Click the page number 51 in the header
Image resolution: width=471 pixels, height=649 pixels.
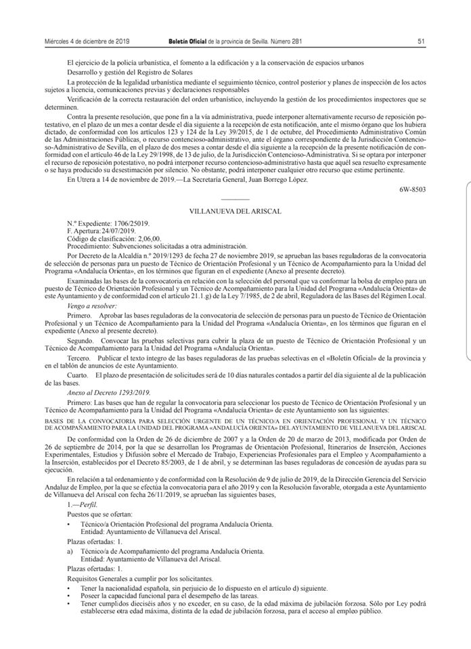coord(421,41)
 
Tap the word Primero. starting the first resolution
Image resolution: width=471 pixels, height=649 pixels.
coord(78,316)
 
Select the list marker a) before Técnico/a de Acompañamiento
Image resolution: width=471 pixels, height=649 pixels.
coord(70,552)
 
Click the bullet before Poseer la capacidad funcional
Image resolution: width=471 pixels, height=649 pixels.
coord(70,596)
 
